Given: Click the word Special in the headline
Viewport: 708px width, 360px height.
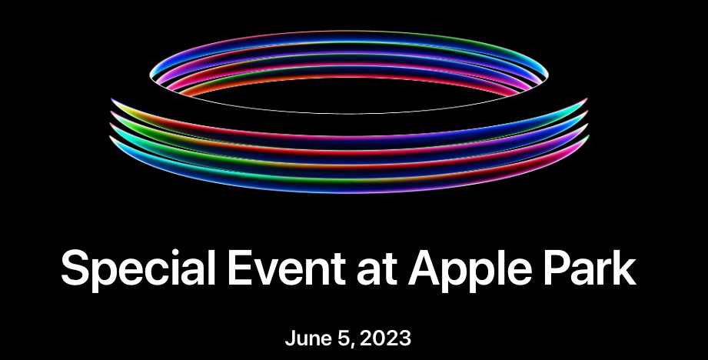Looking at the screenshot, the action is point(138,268).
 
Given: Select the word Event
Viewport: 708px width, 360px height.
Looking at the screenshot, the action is point(287,268).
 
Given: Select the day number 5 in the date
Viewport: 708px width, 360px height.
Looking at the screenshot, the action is point(344,338).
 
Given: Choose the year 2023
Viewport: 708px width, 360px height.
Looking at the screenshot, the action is point(385,338).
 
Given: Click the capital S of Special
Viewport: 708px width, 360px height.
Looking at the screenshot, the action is point(76,268).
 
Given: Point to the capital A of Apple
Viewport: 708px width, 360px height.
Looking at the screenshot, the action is point(426,268).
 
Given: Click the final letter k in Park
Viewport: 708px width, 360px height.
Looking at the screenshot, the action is point(624,268).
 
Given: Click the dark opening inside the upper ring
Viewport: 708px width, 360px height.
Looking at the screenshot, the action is point(348,95).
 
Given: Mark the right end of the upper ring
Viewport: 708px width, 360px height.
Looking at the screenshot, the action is point(547,74).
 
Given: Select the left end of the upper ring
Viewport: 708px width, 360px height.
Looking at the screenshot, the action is point(151,75).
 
